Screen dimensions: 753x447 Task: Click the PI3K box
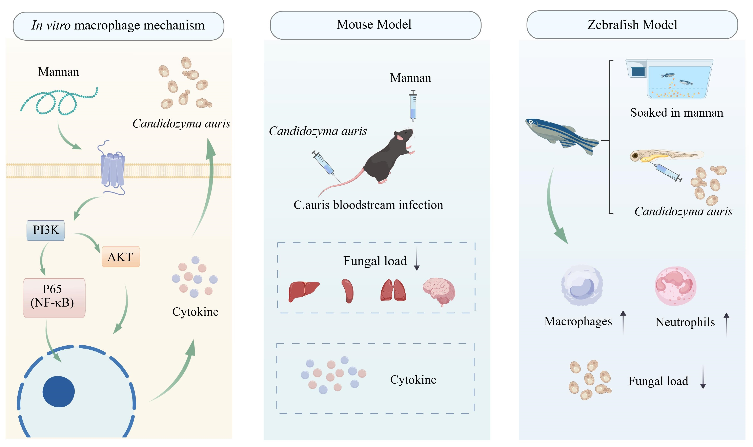point(45,230)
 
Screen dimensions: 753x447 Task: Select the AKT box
point(121,257)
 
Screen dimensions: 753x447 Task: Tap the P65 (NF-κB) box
point(54,298)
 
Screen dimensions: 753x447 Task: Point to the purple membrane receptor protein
point(112,169)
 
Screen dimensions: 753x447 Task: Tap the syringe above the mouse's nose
point(413,107)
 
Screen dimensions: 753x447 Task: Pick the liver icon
point(304,291)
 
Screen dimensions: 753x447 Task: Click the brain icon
point(439,291)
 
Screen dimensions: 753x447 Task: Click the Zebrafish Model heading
point(632,25)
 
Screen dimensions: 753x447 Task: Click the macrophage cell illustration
point(582,285)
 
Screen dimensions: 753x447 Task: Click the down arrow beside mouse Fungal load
point(417,259)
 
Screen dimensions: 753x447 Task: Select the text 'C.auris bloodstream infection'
point(368,205)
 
